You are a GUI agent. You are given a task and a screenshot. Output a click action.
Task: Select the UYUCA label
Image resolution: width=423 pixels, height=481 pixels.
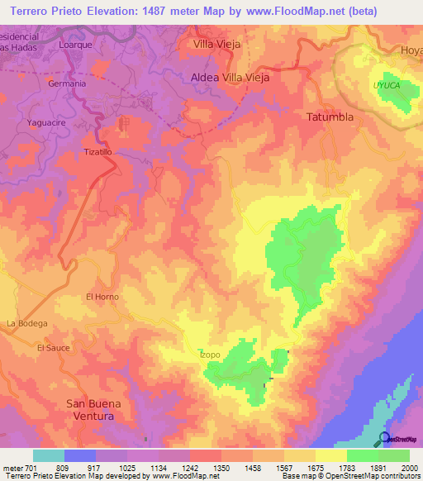(x=386, y=85)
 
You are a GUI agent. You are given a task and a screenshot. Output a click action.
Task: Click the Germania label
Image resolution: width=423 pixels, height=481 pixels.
(x=68, y=83)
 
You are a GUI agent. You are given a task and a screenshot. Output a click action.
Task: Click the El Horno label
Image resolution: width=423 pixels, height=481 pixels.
(x=102, y=297)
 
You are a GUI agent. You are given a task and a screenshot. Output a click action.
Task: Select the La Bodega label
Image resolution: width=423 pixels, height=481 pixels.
(x=27, y=322)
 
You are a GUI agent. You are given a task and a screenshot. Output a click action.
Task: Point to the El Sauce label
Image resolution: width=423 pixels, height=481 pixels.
(x=53, y=348)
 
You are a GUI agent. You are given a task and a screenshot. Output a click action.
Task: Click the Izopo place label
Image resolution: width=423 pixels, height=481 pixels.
(x=210, y=355)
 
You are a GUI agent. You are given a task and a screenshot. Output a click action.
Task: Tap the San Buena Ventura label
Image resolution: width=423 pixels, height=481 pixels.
(x=93, y=410)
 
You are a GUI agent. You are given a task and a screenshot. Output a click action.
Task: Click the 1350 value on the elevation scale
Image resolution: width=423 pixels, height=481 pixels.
(x=222, y=466)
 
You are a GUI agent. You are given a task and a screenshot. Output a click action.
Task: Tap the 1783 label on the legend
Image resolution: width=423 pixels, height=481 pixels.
(x=346, y=466)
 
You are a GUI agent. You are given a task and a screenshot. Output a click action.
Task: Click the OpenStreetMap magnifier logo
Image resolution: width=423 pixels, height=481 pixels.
(x=383, y=440)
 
